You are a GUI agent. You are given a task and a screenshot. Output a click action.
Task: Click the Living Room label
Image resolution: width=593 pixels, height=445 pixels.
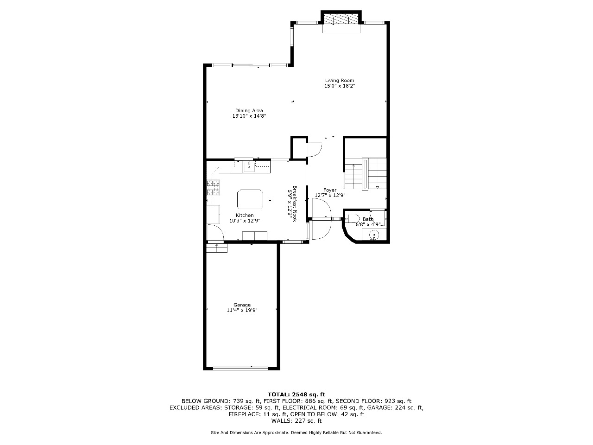point(340,81)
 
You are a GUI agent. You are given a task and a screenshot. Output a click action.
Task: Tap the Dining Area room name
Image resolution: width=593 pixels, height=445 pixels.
point(249,110)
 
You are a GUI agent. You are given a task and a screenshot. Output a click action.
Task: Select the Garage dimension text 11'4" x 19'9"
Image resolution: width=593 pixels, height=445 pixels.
point(242,311)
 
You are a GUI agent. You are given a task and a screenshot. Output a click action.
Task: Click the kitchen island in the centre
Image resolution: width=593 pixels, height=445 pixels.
point(250,199)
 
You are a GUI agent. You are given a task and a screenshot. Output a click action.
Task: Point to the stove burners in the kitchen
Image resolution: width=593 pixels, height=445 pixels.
point(213,188)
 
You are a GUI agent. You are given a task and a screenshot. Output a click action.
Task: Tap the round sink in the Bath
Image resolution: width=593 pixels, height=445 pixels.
point(374,235)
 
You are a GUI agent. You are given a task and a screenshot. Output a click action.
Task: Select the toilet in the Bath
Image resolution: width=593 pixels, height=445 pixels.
point(353,218)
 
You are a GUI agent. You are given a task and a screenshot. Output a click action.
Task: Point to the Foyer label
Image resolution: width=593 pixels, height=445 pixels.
point(330,190)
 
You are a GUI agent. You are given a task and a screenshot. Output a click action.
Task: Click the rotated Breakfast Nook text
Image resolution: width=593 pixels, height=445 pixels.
point(295,203)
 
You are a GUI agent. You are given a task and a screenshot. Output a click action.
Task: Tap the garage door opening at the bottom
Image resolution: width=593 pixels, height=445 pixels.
point(240,368)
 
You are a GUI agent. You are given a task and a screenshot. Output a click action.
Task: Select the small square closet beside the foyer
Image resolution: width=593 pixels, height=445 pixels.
point(299,148)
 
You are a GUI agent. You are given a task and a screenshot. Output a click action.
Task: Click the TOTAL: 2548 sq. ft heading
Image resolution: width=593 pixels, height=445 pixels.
point(296,394)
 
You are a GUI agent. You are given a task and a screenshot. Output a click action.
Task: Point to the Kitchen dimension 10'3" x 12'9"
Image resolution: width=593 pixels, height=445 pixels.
point(245,221)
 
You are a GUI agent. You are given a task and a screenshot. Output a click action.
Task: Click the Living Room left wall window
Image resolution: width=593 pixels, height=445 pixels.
point(292,37)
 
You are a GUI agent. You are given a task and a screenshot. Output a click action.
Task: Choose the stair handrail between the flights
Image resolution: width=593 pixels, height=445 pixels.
point(365,174)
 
